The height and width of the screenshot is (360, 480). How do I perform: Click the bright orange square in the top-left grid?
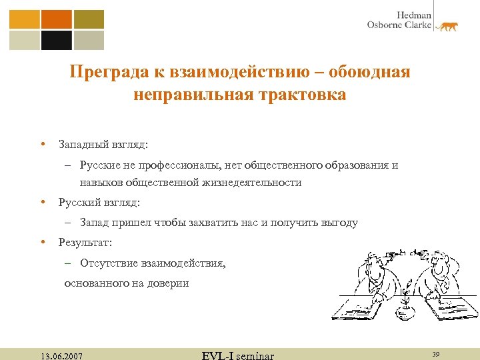pyautogui.click(x=56, y=19)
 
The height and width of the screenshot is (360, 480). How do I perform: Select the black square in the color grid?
pyautogui.click(x=56, y=41)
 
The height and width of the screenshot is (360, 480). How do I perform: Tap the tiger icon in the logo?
pyautogui.click(x=447, y=26)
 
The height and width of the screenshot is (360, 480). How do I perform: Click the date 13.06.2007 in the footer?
pyautogui.click(x=61, y=356)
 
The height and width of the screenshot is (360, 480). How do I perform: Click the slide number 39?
pyautogui.click(x=437, y=354)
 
